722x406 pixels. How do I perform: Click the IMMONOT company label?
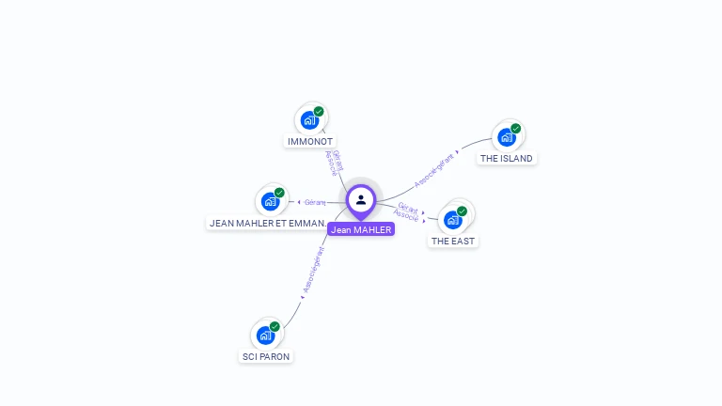(x=310, y=142)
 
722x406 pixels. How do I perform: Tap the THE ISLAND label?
(x=507, y=159)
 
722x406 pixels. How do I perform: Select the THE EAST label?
(x=453, y=242)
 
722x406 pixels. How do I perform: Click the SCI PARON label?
(x=266, y=357)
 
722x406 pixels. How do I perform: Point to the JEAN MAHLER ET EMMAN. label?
(x=267, y=224)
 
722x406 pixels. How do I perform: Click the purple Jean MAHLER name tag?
(x=361, y=229)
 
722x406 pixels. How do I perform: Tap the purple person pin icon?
(x=361, y=200)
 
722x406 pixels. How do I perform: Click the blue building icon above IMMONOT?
(x=308, y=120)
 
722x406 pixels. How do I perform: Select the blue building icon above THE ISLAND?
(x=507, y=137)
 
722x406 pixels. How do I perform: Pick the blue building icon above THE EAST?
(x=453, y=220)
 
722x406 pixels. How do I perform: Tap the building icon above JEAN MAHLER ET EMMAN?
(x=270, y=201)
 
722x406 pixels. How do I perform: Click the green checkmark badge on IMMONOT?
(x=319, y=111)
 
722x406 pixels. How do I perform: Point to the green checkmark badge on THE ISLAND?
(x=516, y=128)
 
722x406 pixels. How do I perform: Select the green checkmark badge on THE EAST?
(x=462, y=211)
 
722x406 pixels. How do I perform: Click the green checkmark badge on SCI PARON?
(x=275, y=326)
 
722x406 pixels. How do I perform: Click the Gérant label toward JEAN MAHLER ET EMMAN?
(x=314, y=202)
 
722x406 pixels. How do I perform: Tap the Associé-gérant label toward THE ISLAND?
(x=434, y=170)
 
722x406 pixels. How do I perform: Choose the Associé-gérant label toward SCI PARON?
(x=313, y=272)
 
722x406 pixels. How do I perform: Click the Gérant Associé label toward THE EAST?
(x=407, y=211)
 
